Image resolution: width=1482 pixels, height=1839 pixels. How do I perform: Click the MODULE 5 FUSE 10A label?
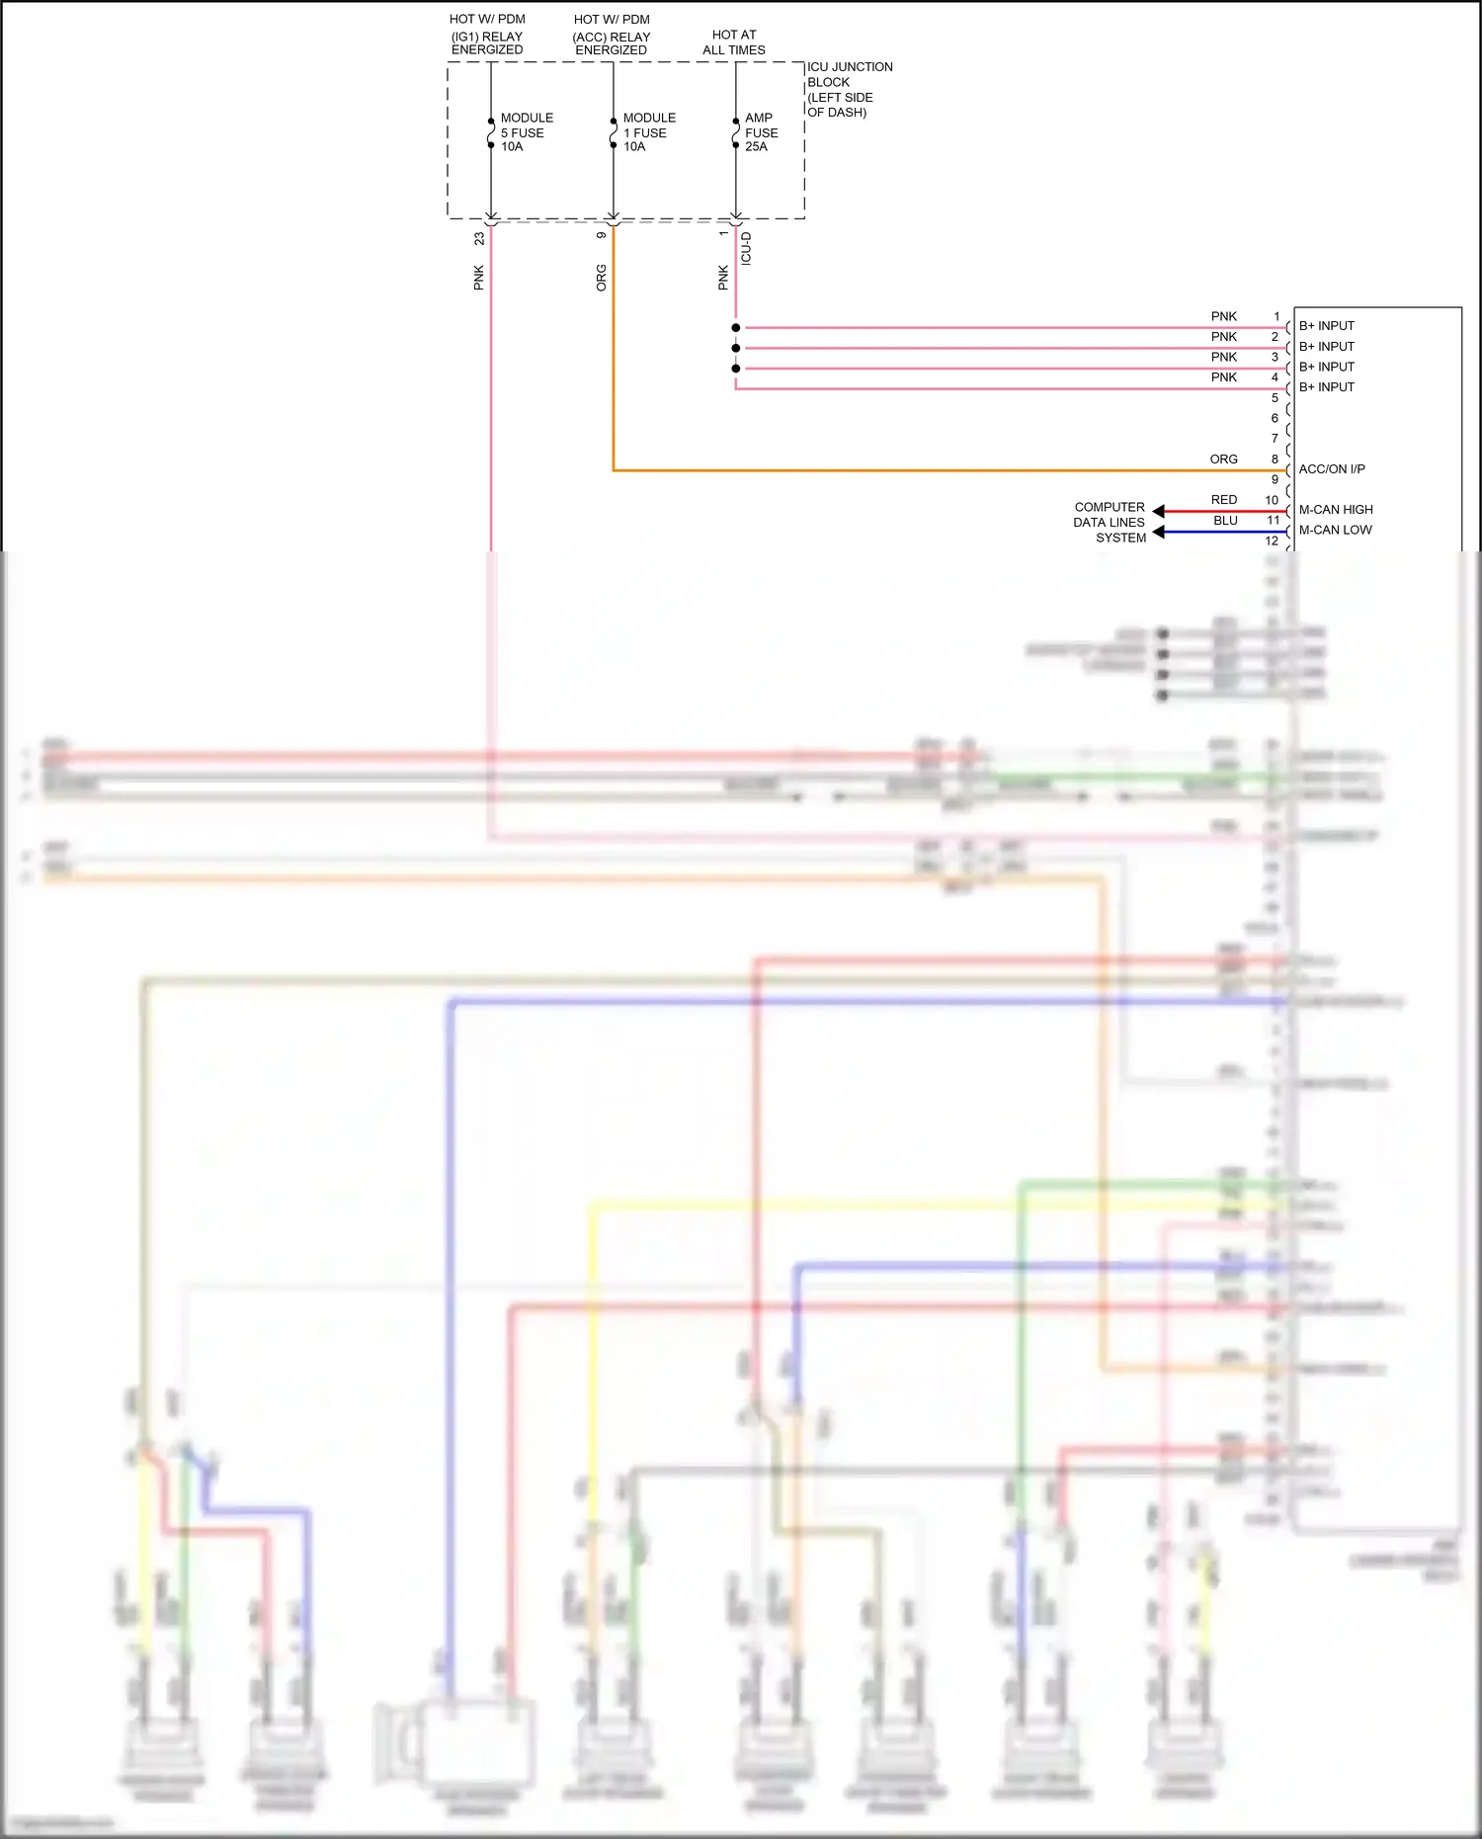(526, 132)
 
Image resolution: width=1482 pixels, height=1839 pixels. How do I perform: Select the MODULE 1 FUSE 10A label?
(648, 132)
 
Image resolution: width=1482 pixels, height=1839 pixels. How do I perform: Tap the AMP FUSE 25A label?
(761, 132)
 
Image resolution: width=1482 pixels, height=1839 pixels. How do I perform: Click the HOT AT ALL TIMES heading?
(734, 42)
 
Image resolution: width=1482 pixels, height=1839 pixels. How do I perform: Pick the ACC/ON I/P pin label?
(1332, 469)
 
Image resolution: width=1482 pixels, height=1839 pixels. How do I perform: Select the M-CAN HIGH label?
(1336, 510)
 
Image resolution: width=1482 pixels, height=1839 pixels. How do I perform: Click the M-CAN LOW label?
(1335, 530)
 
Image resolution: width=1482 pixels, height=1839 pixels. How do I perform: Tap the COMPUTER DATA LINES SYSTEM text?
(1110, 522)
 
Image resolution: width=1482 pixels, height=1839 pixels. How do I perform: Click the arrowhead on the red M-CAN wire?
(1159, 511)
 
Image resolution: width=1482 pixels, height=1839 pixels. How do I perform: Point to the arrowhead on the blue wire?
(1159, 532)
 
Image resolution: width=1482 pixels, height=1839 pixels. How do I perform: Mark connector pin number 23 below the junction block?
(479, 239)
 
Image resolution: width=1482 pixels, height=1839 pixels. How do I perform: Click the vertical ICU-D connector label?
(746, 248)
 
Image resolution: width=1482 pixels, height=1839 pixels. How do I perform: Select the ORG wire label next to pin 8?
(1223, 460)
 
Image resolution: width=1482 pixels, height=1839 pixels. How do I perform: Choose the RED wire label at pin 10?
(1223, 500)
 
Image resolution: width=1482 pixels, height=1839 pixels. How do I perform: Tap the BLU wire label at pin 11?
(1225, 521)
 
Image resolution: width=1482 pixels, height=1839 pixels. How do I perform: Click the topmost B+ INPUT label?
(1326, 326)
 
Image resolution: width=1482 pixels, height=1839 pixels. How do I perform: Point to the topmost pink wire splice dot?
(736, 328)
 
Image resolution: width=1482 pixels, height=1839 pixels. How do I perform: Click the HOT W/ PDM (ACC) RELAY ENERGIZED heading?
(612, 35)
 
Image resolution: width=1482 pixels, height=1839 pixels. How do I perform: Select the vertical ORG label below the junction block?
(602, 278)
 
